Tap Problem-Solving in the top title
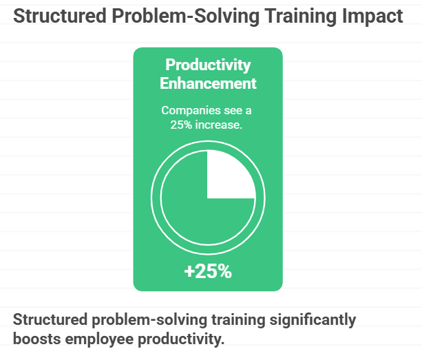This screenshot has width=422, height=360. point(183,17)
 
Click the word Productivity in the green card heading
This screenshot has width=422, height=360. point(208,66)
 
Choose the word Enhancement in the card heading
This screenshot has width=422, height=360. point(208,83)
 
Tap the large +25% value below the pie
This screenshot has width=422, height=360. point(208,271)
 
